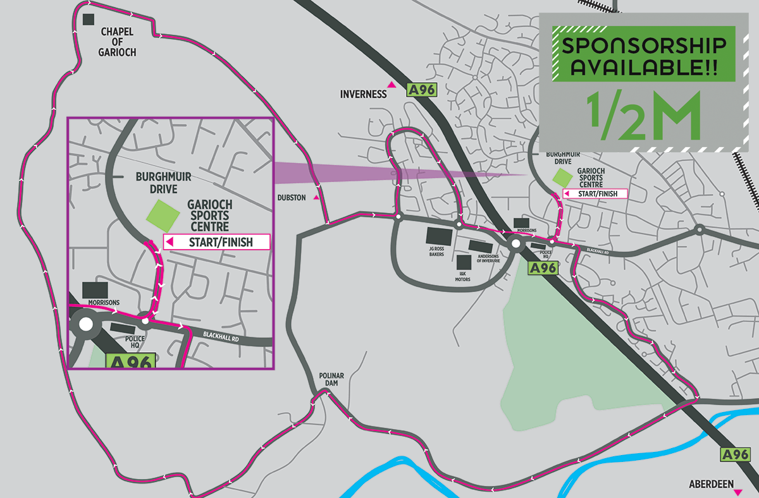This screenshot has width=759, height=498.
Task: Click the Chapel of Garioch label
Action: (x=117, y=42)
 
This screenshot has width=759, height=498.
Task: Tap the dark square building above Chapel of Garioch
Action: (x=89, y=20)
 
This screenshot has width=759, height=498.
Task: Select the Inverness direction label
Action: (x=363, y=95)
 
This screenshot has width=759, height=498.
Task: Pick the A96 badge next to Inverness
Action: (x=422, y=90)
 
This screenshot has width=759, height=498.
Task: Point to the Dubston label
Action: (x=291, y=198)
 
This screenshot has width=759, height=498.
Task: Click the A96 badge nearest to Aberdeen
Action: (x=734, y=454)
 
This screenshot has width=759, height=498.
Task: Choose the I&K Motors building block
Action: (x=464, y=262)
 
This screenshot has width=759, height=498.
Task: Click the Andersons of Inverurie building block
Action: (x=479, y=245)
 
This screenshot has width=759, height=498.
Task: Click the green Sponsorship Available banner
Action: (x=644, y=54)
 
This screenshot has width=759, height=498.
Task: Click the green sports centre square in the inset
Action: (x=163, y=216)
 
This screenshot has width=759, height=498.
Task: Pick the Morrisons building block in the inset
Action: (x=95, y=290)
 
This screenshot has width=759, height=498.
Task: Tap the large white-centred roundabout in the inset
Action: (x=85, y=325)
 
